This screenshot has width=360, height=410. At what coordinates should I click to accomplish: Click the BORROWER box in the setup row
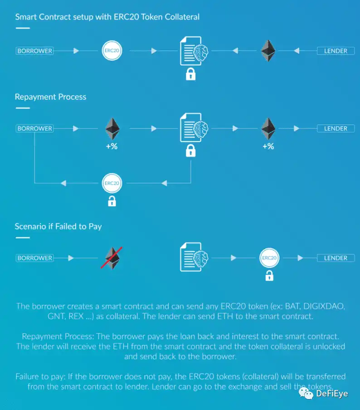pyautogui.click(x=35, y=51)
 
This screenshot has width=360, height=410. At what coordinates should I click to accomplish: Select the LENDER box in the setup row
pyautogui.click(x=336, y=51)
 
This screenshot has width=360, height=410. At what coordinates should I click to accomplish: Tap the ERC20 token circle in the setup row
pyautogui.click(x=112, y=50)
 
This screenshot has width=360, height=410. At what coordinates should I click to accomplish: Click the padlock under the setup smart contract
pyautogui.click(x=190, y=74)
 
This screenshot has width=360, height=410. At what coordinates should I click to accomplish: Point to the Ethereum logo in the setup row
pyautogui.click(x=268, y=51)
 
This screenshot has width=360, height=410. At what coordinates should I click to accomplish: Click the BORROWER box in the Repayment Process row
pyautogui.click(x=35, y=128)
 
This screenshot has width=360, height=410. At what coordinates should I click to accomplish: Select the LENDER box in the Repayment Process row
pyautogui.click(x=336, y=128)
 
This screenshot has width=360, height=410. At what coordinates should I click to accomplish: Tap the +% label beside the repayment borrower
pyautogui.click(x=112, y=146)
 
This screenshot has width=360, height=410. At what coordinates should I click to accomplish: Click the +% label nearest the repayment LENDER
pyautogui.click(x=268, y=146)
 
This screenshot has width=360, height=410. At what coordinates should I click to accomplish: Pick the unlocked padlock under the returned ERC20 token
pyautogui.click(x=112, y=201)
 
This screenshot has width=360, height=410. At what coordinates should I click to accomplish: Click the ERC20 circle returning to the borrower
pyautogui.click(x=112, y=183)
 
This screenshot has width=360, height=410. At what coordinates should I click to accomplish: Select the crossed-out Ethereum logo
pyautogui.click(x=112, y=258)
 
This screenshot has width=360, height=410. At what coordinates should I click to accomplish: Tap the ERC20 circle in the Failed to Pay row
pyautogui.click(x=269, y=258)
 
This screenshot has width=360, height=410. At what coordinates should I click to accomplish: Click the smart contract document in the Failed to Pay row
pyautogui.click(x=194, y=257)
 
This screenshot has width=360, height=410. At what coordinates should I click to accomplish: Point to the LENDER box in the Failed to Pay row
pyautogui.click(x=336, y=258)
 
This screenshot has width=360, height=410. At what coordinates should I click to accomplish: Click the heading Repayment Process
pyautogui.click(x=50, y=97)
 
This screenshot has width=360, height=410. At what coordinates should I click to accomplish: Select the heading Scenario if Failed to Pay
pyautogui.click(x=58, y=226)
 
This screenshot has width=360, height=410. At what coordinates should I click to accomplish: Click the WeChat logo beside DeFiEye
pyautogui.click(x=306, y=394)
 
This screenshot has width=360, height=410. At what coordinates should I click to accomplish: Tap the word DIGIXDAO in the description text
pyautogui.click(x=324, y=306)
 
